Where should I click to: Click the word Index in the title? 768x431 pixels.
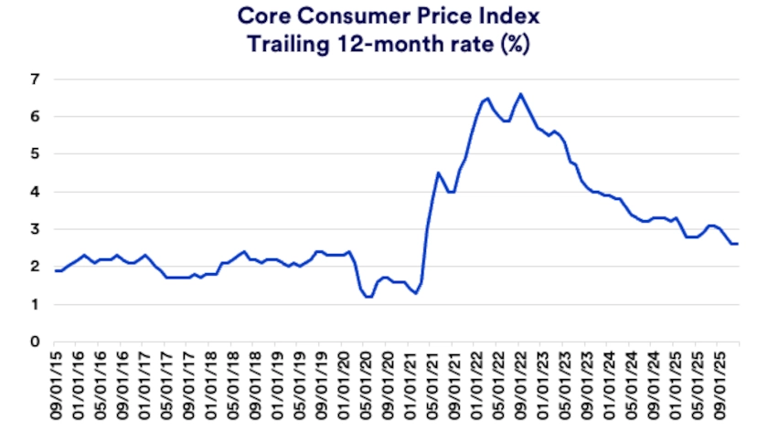click(498, 16)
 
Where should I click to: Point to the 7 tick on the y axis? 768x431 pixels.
click(35, 79)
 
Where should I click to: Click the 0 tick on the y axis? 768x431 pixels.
click(35, 342)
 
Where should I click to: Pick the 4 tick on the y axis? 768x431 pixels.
click(35, 192)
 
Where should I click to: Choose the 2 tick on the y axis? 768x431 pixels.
click(35, 267)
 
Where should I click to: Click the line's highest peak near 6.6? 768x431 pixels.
click(520, 93)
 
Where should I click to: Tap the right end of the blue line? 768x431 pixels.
click(739, 244)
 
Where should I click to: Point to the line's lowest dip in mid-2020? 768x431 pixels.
click(368, 297)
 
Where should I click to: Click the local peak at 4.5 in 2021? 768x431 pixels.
click(438, 173)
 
